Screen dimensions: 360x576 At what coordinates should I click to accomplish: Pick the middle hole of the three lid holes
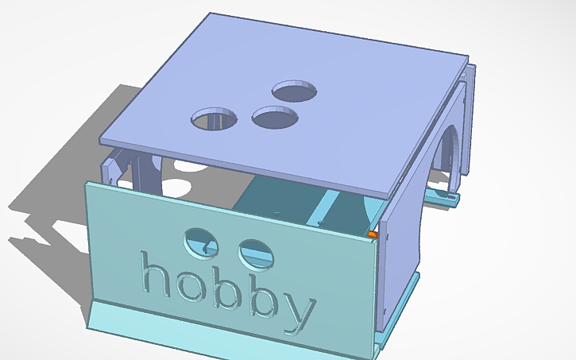275,118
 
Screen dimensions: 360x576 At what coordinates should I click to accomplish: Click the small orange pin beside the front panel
373,234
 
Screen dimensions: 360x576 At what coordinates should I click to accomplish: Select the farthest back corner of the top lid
209,14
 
